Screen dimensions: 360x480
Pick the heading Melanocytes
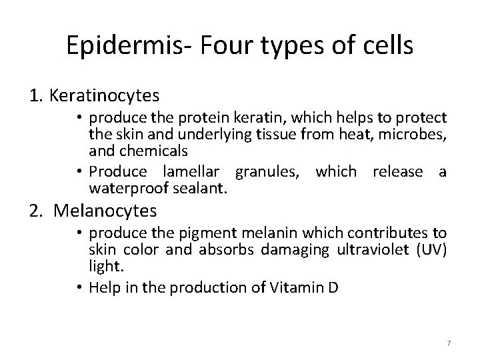(x=105, y=211)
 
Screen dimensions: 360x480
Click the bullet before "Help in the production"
(x=80, y=287)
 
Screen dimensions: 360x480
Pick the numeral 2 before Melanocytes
(x=35, y=211)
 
